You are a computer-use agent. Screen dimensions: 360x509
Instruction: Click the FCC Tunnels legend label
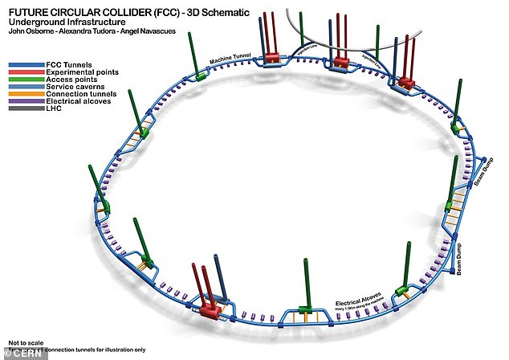point(67,63)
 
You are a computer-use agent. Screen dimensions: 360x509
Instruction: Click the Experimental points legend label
point(80,71)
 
